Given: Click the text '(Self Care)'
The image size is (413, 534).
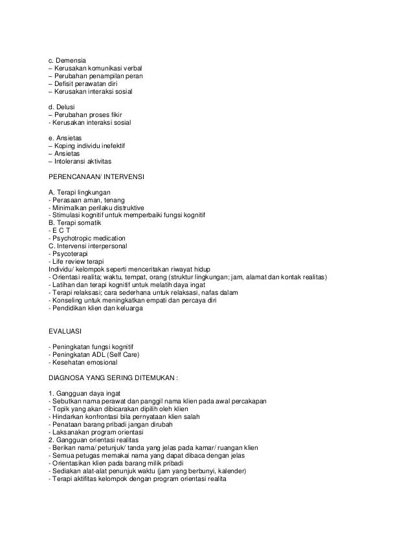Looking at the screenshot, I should (122, 353).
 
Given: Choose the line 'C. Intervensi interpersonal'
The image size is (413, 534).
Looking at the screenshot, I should (88, 246).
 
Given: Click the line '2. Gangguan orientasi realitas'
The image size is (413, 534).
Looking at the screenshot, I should (95, 438).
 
